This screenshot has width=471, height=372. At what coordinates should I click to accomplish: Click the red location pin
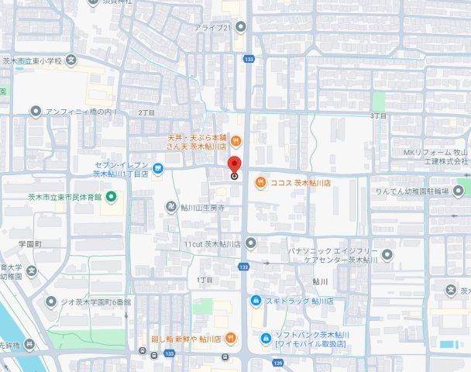(234, 164)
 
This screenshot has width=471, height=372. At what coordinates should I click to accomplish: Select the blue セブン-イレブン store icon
(157, 167)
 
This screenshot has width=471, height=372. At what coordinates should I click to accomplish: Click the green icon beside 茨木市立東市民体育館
(110, 195)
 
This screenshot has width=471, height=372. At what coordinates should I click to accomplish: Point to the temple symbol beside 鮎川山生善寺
(172, 208)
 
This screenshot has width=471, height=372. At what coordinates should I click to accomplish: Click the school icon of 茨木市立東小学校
(71, 60)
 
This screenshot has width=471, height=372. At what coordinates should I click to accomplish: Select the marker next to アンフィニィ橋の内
(36, 112)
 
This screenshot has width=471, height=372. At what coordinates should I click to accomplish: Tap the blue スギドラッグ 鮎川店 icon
(255, 300)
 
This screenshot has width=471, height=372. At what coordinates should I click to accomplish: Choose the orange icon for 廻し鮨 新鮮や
(230, 339)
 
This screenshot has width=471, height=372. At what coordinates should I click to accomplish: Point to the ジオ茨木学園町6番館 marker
(51, 301)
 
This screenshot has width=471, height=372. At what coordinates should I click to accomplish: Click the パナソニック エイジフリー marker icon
(387, 254)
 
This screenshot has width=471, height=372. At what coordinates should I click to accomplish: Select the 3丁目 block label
(378, 115)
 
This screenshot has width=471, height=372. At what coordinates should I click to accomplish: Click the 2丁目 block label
(146, 112)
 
